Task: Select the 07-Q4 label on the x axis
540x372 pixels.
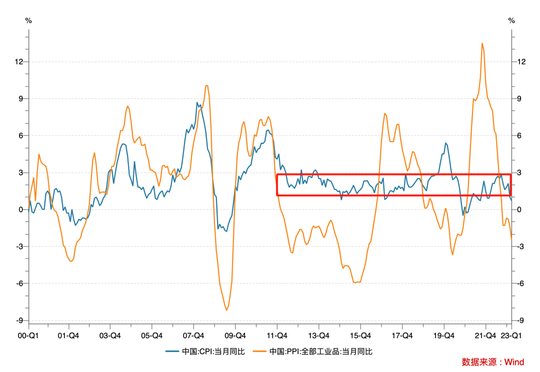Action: pyautogui.click(x=193, y=335)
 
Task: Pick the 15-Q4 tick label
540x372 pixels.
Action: pyautogui.click(x=360, y=335)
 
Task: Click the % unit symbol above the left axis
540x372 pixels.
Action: pyautogui.click(x=28, y=20)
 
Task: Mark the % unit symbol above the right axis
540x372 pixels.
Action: pyautogui.click(x=511, y=20)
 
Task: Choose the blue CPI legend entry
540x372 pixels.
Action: pyautogui.click(x=205, y=351)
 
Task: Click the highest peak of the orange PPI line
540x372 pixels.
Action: pyautogui.click(x=482, y=43)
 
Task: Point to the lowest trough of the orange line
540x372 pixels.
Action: pyautogui.click(x=226, y=310)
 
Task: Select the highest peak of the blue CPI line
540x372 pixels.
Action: pyautogui.click(x=197, y=102)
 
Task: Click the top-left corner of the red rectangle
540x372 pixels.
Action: pyautogui.click(x=277, y=174)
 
